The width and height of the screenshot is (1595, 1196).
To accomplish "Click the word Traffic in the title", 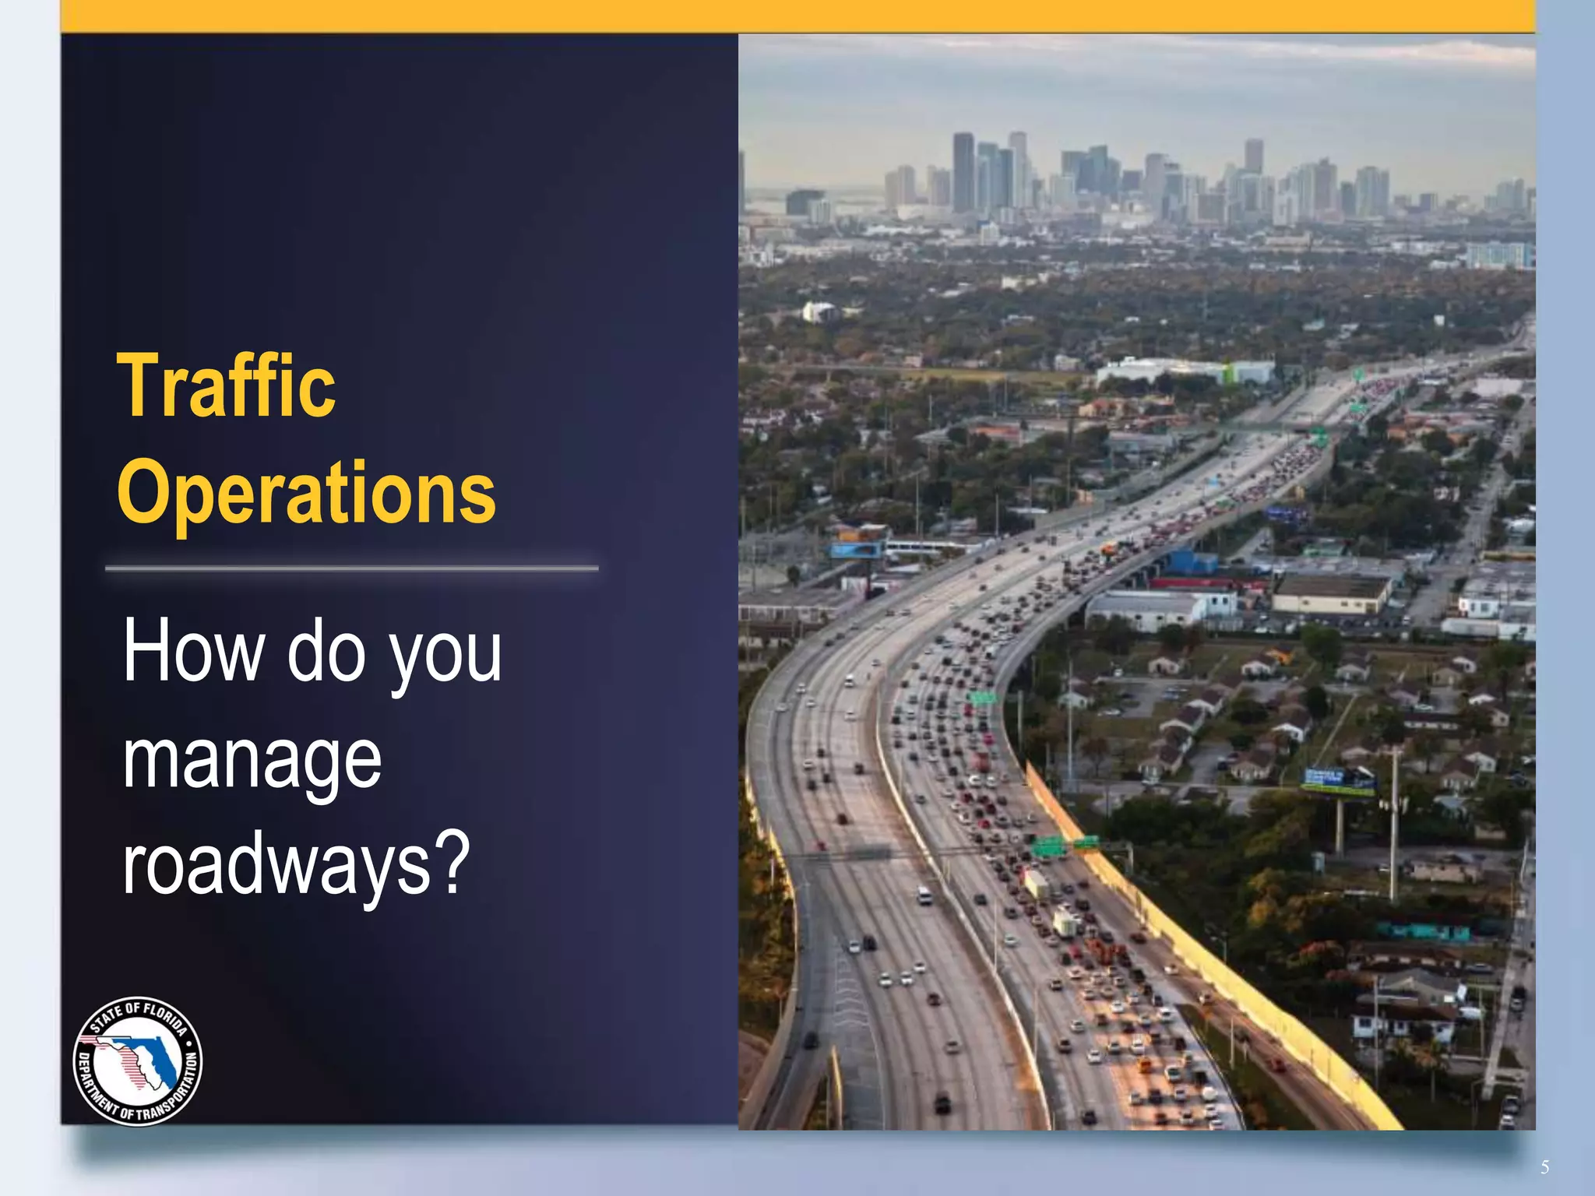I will [x=226, y=386].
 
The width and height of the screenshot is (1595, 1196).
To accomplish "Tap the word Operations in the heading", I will [x=306, y=492].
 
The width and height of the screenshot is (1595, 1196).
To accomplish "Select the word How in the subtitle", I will [x=193, y=650].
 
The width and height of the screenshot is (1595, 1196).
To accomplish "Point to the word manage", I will [x=252, y=759].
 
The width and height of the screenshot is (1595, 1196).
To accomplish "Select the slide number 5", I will [x=1544, y=1167].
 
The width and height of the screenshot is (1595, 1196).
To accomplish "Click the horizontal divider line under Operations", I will [x=351, y=568].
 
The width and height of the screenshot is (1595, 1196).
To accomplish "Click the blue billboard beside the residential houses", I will [x=1338, y=779].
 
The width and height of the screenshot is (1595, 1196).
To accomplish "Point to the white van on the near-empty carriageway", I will [x=924, y=895].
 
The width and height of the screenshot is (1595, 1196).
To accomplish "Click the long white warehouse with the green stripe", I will [x=1184, y=371].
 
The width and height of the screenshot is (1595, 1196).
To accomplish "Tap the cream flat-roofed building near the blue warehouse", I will [x=1330, y=593].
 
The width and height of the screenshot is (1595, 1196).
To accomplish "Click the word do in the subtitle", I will [x=326, y=650].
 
